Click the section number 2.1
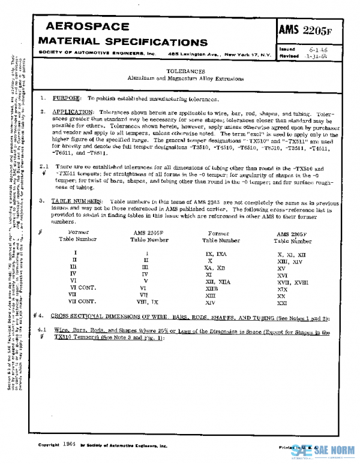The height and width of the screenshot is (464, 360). pos(43,169)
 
